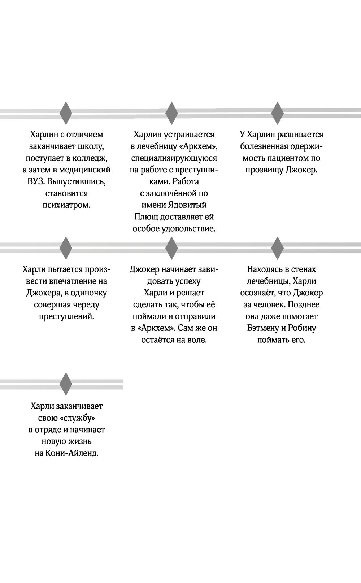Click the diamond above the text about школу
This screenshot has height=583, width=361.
click(x=65, y=113)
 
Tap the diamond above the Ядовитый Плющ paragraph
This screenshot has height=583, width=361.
click(x=171, y=113)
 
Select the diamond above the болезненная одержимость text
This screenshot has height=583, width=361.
click(x=277, y=113)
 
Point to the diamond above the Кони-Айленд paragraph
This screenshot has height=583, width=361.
click(x=65, y=384)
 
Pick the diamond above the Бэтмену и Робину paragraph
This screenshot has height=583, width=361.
click(x=277, y=248)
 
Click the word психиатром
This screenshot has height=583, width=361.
click(x=66, y=205)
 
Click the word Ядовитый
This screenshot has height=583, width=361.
click(x=187, y=205)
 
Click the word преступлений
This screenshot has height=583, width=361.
click(x=66, y=316)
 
